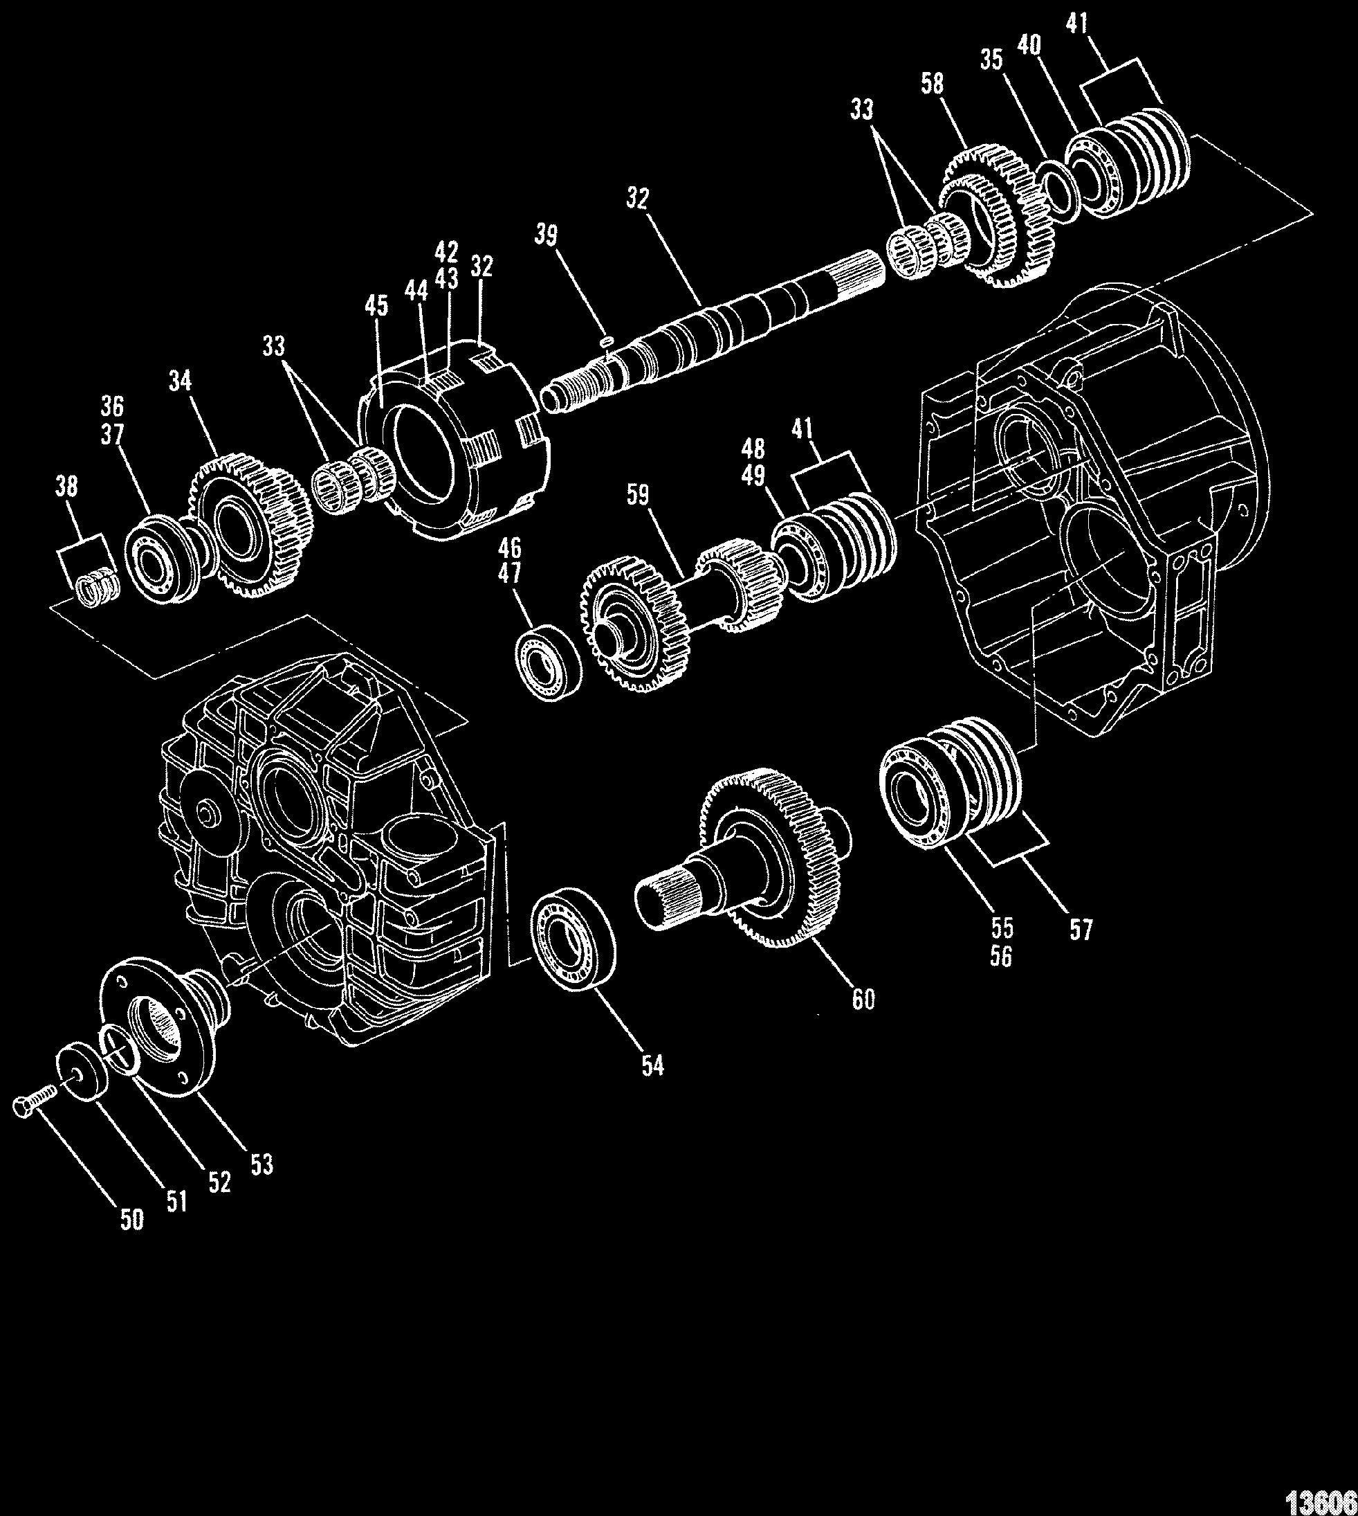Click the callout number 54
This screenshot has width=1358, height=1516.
(652, 1066)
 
